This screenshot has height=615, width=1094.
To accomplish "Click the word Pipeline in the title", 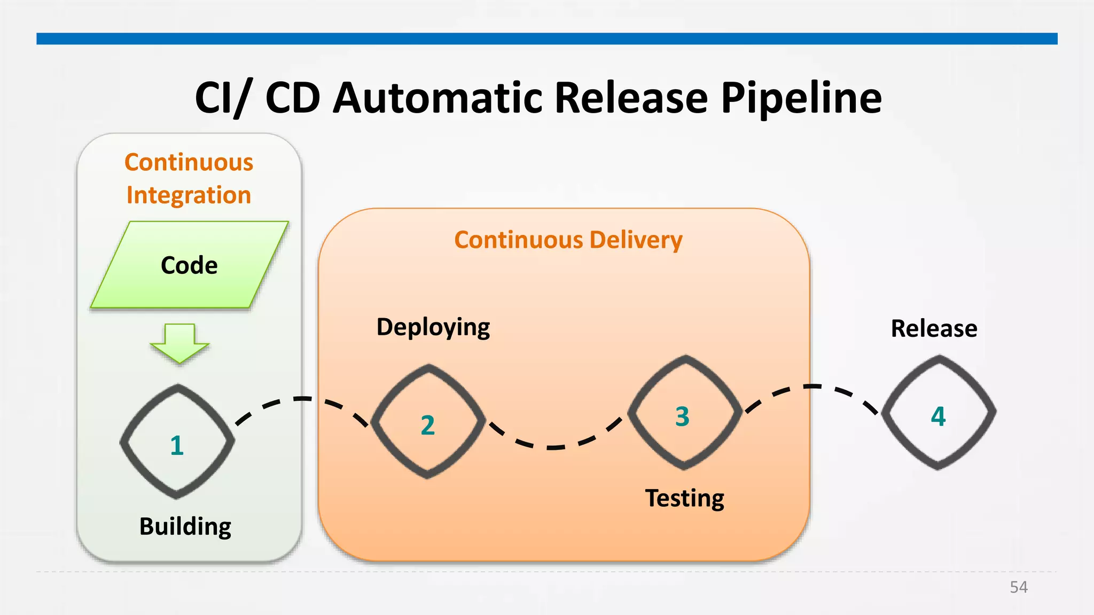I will [801, 99].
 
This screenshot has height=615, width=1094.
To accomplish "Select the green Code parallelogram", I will [190, 265].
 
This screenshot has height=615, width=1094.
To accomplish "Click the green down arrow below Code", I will [179, 344].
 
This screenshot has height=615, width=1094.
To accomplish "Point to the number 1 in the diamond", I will [177, 445].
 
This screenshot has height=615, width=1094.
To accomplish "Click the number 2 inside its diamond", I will [428, 425].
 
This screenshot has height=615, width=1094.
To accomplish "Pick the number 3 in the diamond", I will [683, 416].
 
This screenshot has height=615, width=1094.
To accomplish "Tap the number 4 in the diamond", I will [938, 416].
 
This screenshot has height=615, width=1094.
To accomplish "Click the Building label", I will [185, 526].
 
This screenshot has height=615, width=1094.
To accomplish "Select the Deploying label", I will [433, 327].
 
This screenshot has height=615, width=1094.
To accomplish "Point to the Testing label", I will [685, 498].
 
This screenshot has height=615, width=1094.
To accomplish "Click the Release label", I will [934, 328].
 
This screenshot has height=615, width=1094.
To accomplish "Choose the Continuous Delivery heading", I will [568, 240].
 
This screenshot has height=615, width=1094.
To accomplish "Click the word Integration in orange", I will [189, 195].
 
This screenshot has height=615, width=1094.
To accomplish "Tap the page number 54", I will [1018, 587].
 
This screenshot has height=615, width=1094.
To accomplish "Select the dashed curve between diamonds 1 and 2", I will [302, 399].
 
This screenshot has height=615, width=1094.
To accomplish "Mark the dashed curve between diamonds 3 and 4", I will [812, 386].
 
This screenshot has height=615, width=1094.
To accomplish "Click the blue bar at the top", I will [547, 38].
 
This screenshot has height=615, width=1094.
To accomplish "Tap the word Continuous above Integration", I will [189, 162].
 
